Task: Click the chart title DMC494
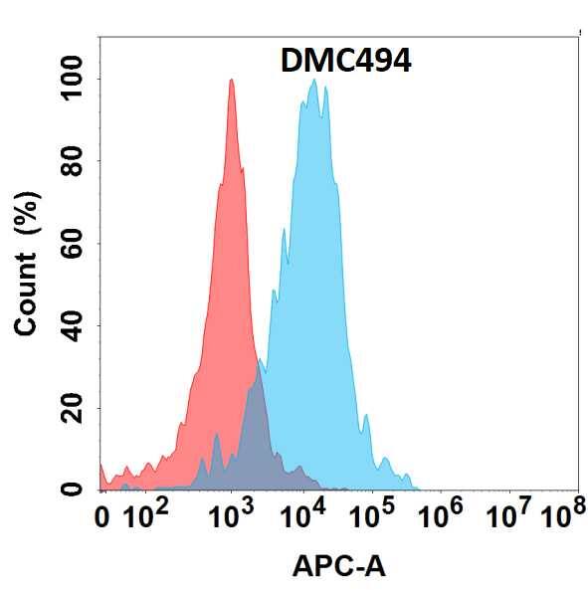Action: click(x=343, y=62)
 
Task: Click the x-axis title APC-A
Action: click(x=338, y=567)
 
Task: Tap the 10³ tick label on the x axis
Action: click(x=231, y=515)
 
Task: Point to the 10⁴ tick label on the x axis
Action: click(x=301, y=515)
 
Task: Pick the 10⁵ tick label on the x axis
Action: click(x=372, y=515)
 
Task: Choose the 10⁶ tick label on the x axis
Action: click(x=443, y=515)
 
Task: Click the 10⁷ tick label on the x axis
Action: click(x=512, y=515)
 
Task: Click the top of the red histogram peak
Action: click(x=231, y=81)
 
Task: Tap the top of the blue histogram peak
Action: click(x=314, y=82)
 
